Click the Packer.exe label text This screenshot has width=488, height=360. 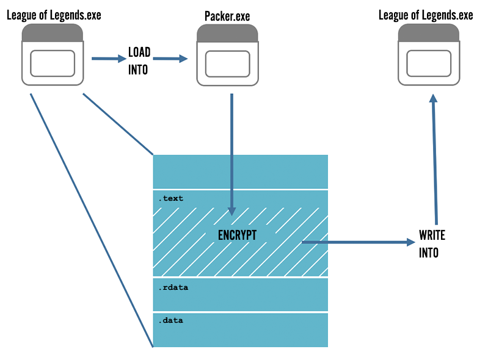point(227,15)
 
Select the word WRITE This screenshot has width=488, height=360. point(432,235)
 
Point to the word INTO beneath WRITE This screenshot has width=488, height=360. point(429,252)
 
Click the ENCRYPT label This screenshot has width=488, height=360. point(238,235)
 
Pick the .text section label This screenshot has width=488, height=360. point(171,198)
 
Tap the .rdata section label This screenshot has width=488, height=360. point(173,286)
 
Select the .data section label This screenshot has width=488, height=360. point(171,320)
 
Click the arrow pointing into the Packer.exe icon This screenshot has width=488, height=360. point(170,59)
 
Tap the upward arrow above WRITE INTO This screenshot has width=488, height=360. point(435,159)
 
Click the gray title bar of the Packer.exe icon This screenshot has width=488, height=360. point(227,34)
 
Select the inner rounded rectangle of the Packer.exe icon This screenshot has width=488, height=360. point(227,63)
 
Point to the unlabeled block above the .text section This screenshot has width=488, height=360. point(240,171)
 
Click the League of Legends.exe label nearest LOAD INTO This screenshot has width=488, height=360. point(54,15)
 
